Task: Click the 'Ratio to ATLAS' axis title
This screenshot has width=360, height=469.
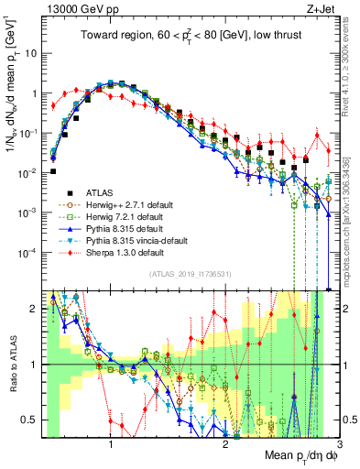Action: point(12,364)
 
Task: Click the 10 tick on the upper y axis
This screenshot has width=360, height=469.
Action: point(29,53)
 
